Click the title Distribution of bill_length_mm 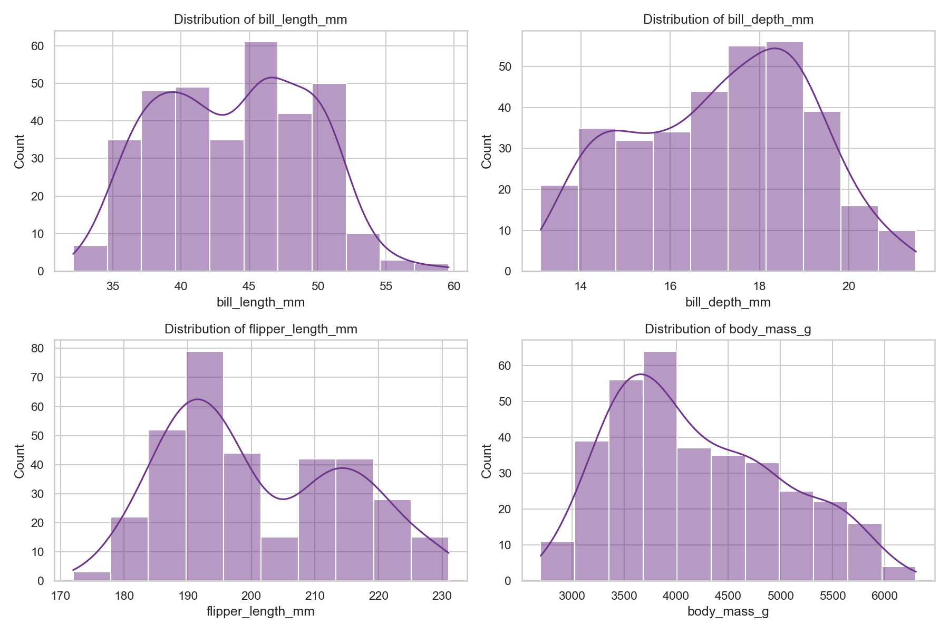pyautogui.click(x=260, y=20)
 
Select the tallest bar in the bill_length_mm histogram pyautogui.click(x=260, y=158)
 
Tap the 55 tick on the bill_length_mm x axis pyautogui.click(x=386, y=286)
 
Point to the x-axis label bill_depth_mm pyautogui.click(x=728, y=303)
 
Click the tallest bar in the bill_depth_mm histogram pyautogui.click(x=785, y=158)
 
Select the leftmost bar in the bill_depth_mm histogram pyautogui.click(x=559, y=229)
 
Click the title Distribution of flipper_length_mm pyautogui.click(x=260, y=330)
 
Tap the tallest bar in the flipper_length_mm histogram pyautogui.click(x=205, y=467)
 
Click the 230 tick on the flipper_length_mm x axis pyautogui.click(x=442, y=596)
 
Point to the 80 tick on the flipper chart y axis pyautogui.click(x=41, y=348)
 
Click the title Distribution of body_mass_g pyautogui.click(x=728, y=330)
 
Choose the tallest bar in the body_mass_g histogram pyautogui.click(x=660, y=467)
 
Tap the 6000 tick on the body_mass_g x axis pyautogui.click(x=884, y=596)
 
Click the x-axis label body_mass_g pyautogui.click(x=728, y=612)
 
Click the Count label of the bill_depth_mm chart pyautogui.click(x=487, y=151)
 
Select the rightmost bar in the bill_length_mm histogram pyautogui.click(x=431, y=268)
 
